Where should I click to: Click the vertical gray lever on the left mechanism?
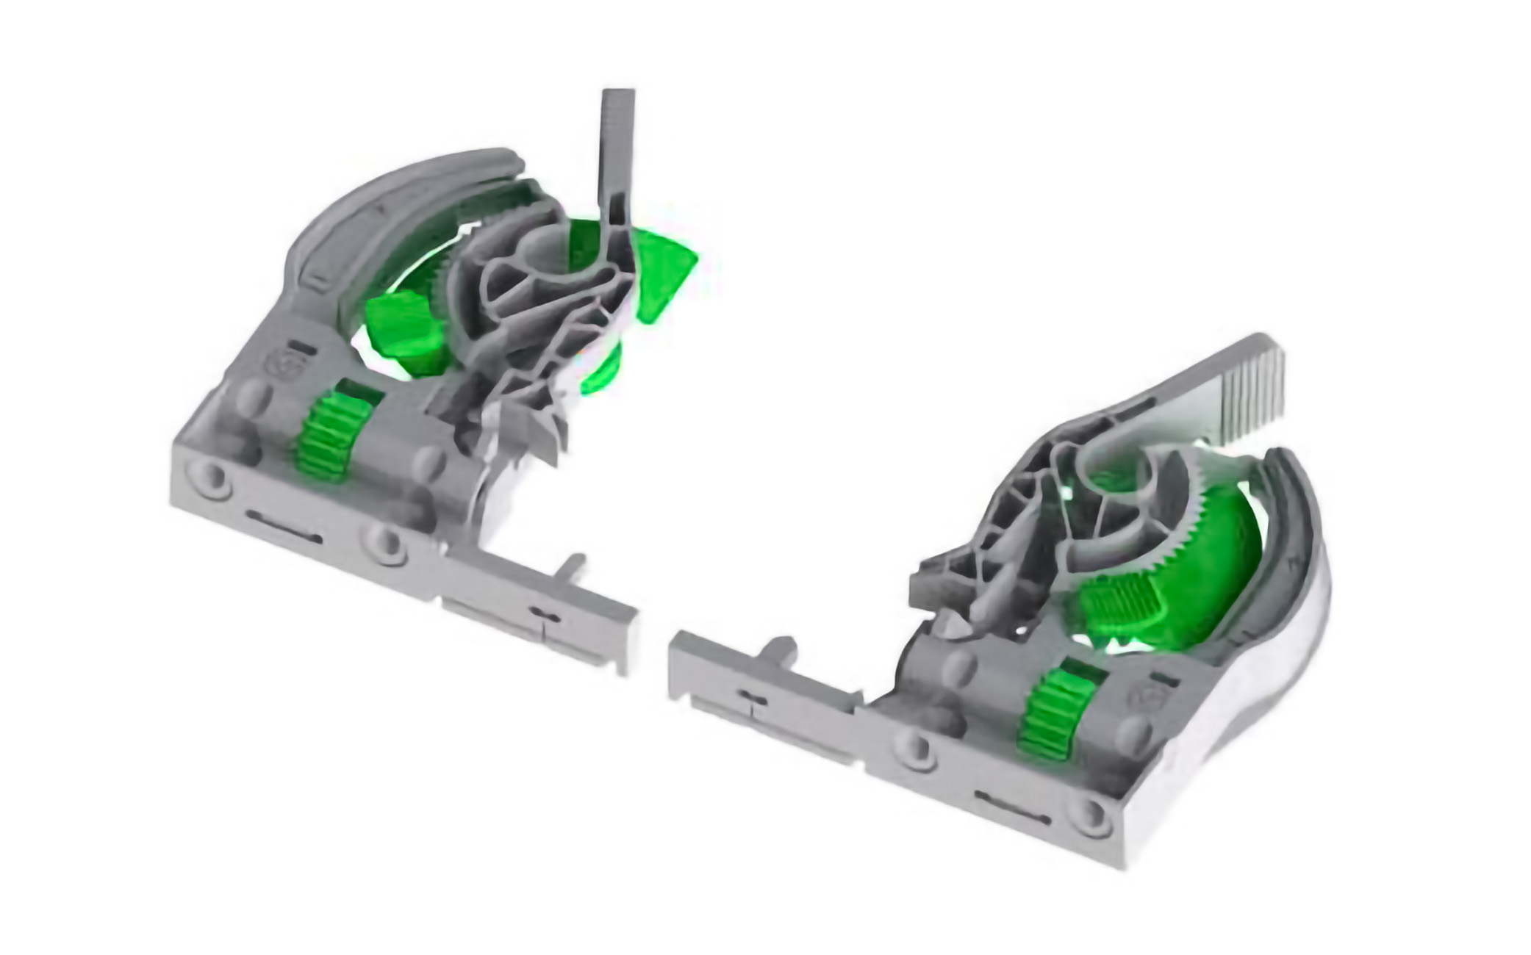(617, 154)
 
